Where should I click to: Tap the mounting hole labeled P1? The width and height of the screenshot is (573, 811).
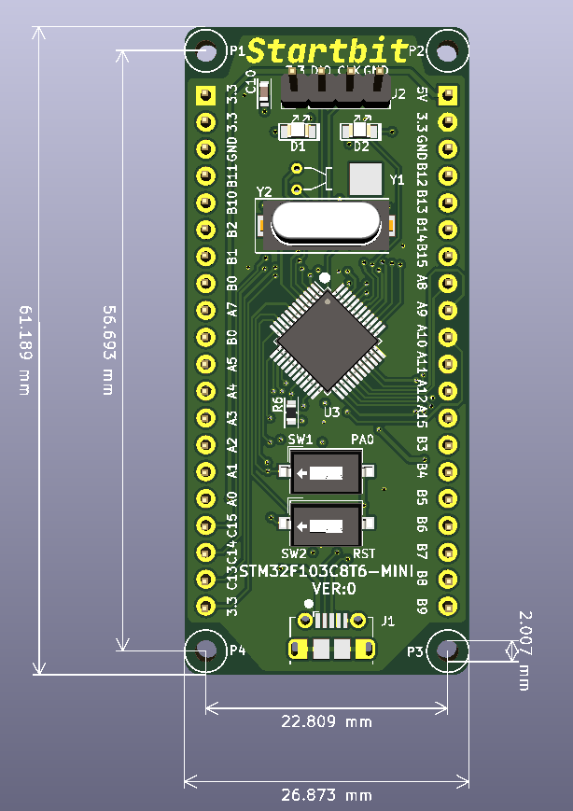point(204,51)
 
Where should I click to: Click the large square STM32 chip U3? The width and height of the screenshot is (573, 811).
point(327,339)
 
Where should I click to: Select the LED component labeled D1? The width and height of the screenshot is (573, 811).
point(298,130)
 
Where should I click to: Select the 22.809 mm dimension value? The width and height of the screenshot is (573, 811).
point(327,721)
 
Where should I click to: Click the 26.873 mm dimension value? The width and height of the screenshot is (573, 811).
point(327,795)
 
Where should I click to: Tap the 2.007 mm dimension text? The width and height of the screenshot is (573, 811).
point(524,650)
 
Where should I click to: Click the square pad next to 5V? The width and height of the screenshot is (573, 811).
point(447,95)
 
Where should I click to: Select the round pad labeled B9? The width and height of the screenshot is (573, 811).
point(447,606)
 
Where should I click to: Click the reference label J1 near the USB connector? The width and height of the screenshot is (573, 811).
point(387,620)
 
